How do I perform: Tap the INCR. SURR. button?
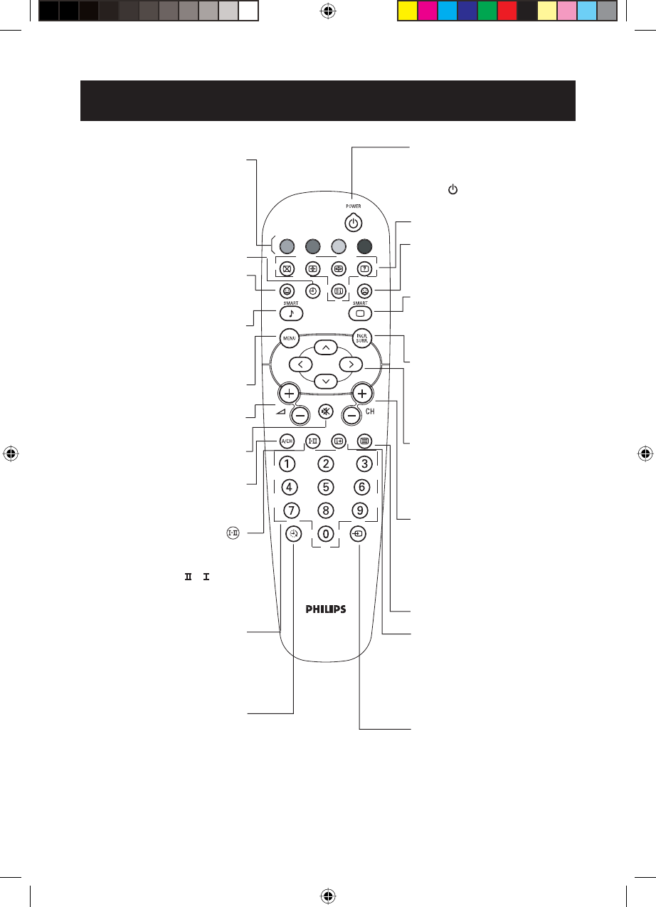coord(363,339)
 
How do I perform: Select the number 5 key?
coord(325,488)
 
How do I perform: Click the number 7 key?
coord(290,510)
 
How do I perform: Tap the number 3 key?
coord(363,464)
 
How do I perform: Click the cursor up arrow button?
coord(325,348)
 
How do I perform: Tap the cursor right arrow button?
coord(350,364)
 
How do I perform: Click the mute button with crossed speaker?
coord(325,411)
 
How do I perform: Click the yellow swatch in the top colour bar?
coord(407,10)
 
